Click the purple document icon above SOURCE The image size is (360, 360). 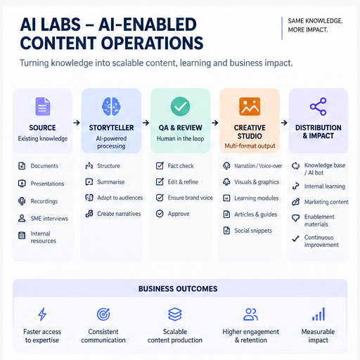(x=43, y=106)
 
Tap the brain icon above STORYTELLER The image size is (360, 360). (x=111, y=107)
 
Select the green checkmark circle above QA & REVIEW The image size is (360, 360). (x=180, y=106)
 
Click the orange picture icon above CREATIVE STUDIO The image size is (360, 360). (x=250, y=106)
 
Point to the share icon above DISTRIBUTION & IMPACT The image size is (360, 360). (x=318, y=106)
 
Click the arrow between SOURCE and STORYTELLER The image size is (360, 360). (x=77, y=122)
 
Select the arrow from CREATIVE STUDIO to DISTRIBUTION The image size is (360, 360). (x=284, y=122)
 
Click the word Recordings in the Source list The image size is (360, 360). (x=44, y=201)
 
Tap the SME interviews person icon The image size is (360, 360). (x=22, y=219)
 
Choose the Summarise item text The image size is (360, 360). (x=111, y=182)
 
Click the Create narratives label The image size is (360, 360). (x=119, y=214)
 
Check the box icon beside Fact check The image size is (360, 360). (x=160, y=166)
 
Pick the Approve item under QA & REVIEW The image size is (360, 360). (x=179, y=214)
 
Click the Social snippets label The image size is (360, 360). (x=253, y=231)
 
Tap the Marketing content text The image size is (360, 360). (x=326, y=202)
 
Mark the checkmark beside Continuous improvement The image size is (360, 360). (x=295, y=238)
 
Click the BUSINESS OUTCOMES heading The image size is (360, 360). (x=178, y=289)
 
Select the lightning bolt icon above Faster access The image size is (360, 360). (x=42, y=314)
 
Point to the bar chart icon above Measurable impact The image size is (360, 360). (x=319, y=314)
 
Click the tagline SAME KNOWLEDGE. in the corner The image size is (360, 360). (x=315, y=21)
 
